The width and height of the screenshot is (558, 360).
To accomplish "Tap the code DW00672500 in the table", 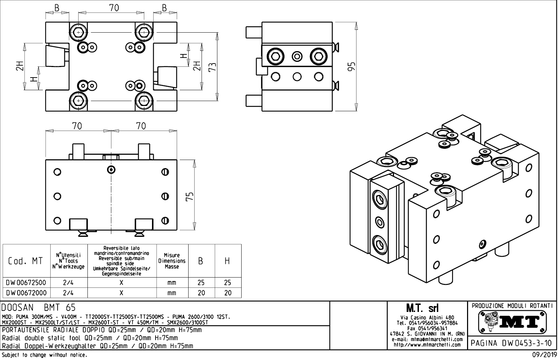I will (x=26, y=282).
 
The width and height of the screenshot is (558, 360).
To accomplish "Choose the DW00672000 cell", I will (x=26, y=293).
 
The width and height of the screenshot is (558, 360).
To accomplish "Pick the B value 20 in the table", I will (x=201, y=293).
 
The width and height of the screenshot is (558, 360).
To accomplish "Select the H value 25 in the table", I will (x=228, y=282).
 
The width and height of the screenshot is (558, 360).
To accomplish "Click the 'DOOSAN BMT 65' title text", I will (x=39, y=308).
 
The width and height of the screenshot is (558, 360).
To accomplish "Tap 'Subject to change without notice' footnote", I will (x=44, y=355).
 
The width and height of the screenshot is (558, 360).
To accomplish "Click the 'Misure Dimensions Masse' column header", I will (x=172, y=261).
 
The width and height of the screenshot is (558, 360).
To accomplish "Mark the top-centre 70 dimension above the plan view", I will (x=114, y=8).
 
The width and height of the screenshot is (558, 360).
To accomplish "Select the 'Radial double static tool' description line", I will (x=90, y=338).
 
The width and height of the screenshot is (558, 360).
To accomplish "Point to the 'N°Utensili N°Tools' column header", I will (x=69, y=261).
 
